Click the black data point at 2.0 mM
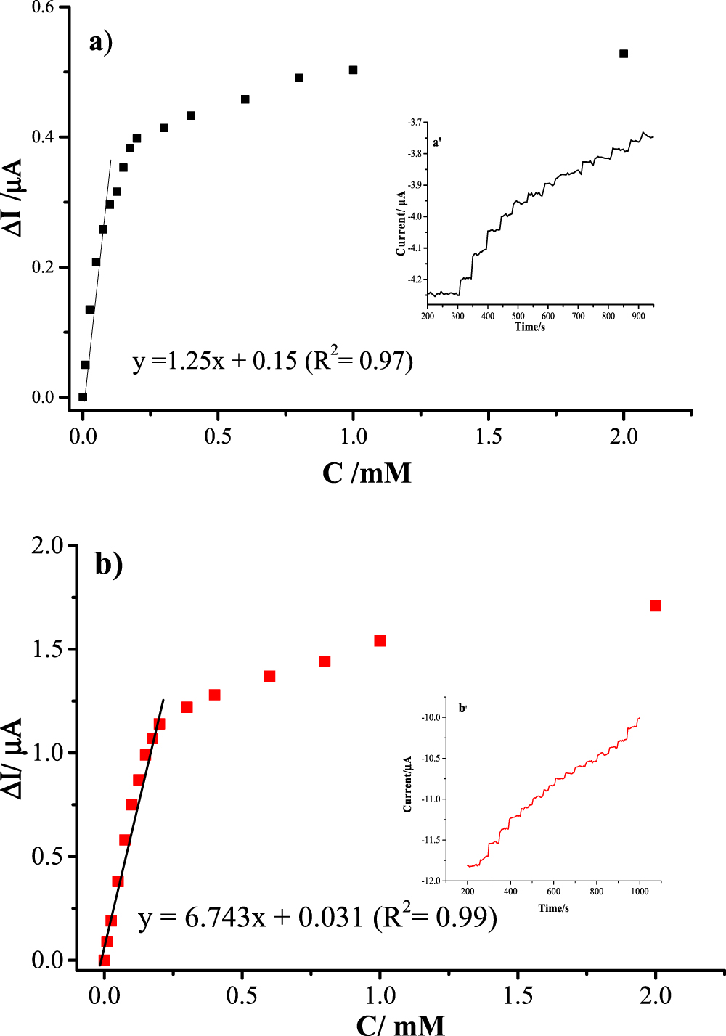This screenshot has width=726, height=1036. pyautogui.click(x=624, y=54)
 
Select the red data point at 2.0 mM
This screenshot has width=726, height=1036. pyautogui.click(x=656, y=605)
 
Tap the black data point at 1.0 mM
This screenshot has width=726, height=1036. pyautogui.click(x=354, y=70)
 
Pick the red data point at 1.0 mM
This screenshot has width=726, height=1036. pyautogui.click(x=380, y=641)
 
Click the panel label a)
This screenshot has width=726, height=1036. pyautogui.click(x=101, y=42)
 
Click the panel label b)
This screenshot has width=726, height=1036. pyautogui.click(x=109, y=563)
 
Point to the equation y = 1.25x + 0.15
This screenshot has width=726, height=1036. pyautogui.click(x=272, y=360)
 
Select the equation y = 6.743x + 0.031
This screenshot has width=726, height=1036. pyautogui.click(x=317, y=918)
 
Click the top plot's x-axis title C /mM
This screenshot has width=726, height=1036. pyautogui.click(x=367, y=473)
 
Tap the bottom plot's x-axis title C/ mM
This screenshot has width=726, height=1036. pyautogui.click(x=400, y=1024)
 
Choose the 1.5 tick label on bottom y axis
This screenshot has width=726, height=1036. pyautogui.click(x=48, y=649)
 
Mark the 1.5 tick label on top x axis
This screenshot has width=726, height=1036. pyautogui.click(x=489, y=436)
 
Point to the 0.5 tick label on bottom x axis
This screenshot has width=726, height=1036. pyautogui.click(x=242, y=995)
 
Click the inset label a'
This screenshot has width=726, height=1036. pyautogui.click(x=437, y=143)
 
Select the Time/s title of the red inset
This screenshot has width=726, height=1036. pyautogui.click(x=553, y=908)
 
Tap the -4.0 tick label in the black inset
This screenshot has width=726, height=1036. pyautogui.click(x=415, y=216)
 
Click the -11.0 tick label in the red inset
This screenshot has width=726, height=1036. pyautogui.click(x=431, y=799)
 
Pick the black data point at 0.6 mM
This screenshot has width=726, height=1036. pyautogui.click(x=245, y=99)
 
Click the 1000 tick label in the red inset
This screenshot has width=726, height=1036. pyautogui.click(x=640, y=892)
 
